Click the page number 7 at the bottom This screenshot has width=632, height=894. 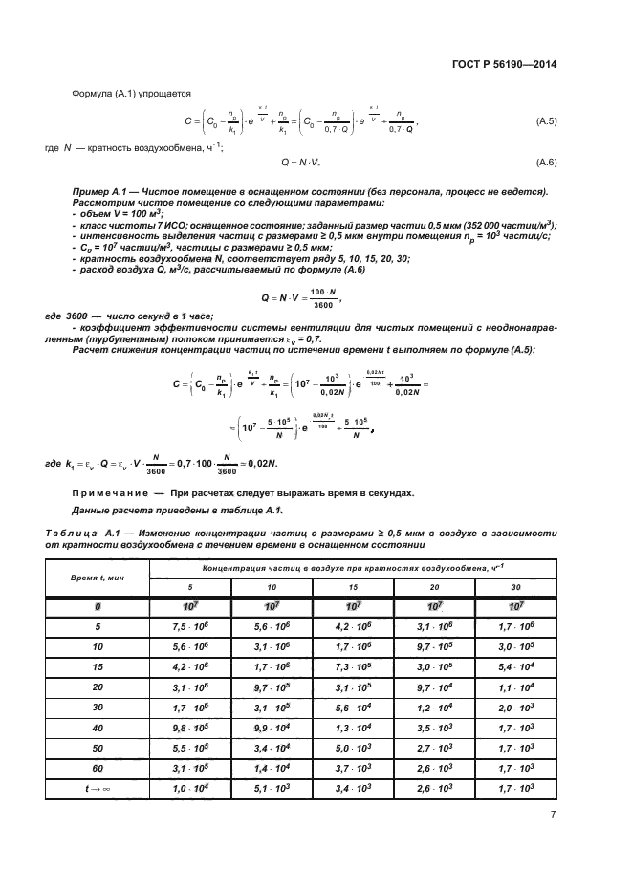pyautogui.click(x=554, y=814)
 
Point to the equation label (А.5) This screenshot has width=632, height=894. pyautogui.click(x=546, y=122)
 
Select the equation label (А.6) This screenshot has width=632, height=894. pyautogui.click(x=546, y=163)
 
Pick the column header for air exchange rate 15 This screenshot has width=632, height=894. pyautogui.click(x=353, y=587)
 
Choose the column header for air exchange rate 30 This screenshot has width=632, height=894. pyautogui.click(x=517, y=587)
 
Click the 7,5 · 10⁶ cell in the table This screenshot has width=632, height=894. pyautogui.click(x=189, y=626)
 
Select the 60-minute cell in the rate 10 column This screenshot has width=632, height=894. pyautogui.click(x=272, y=768)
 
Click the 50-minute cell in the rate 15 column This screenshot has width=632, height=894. pyautogui.click(x=353, y=750)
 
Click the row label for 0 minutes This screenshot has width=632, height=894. pyautogui.click(x=97, y=607)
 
